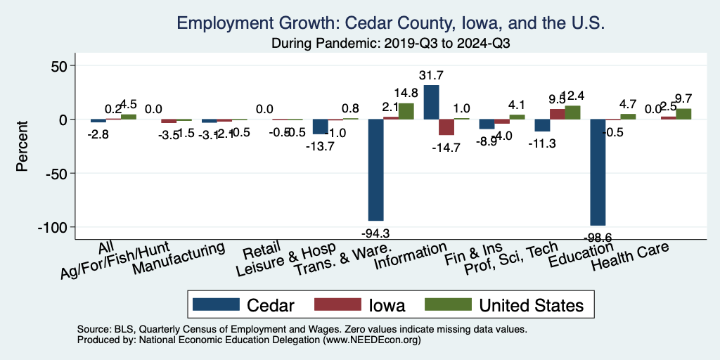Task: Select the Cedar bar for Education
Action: click(x=598, y=172)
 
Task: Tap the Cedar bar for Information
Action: click(x=431, y=102)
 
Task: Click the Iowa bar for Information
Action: click(x=446, y=127)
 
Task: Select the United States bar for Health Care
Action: click(x=683, y=114)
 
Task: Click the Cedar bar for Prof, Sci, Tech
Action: click(x=542, y=125)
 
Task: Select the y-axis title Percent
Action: click(x=22, y=146)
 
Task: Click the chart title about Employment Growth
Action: click(x=390, y=23)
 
